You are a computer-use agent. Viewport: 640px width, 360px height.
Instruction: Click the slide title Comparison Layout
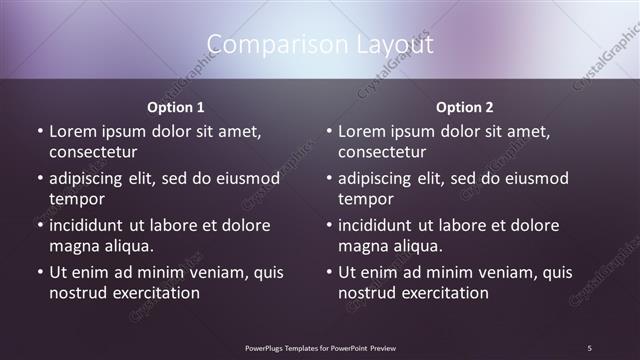[320, 45]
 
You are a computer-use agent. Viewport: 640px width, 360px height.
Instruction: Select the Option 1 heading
[176, 107]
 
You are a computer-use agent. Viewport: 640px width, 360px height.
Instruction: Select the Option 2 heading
[465, 107]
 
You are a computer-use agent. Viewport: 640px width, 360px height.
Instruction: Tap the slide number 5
[589, 347]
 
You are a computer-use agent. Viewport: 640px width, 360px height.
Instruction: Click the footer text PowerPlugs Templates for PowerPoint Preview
[320, 347]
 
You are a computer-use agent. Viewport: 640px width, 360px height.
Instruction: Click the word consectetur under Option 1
[93, 152]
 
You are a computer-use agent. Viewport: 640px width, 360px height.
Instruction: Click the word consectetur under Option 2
[382, 152]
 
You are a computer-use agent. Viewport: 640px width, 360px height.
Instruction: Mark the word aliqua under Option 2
[419, 246]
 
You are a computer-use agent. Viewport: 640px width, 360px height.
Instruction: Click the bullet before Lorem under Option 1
[39, 131]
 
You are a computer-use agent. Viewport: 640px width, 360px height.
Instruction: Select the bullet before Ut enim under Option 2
[328, 273]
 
